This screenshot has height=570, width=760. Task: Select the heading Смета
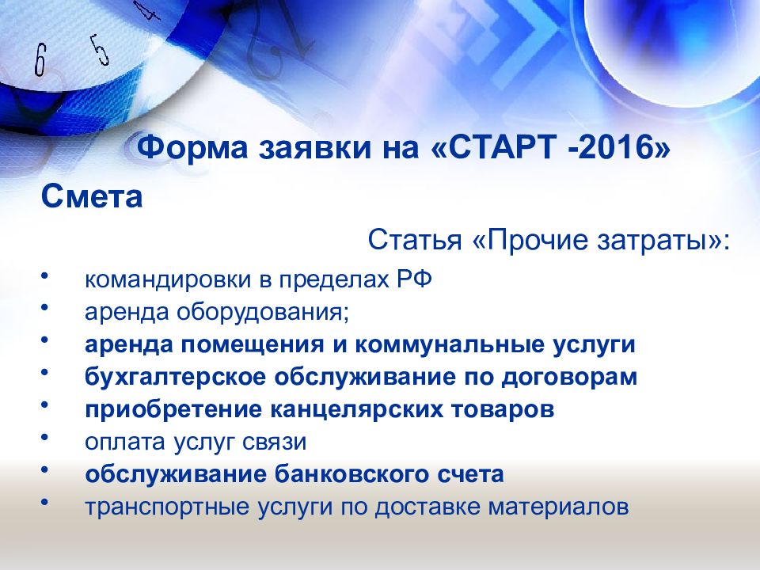click(92, 196)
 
